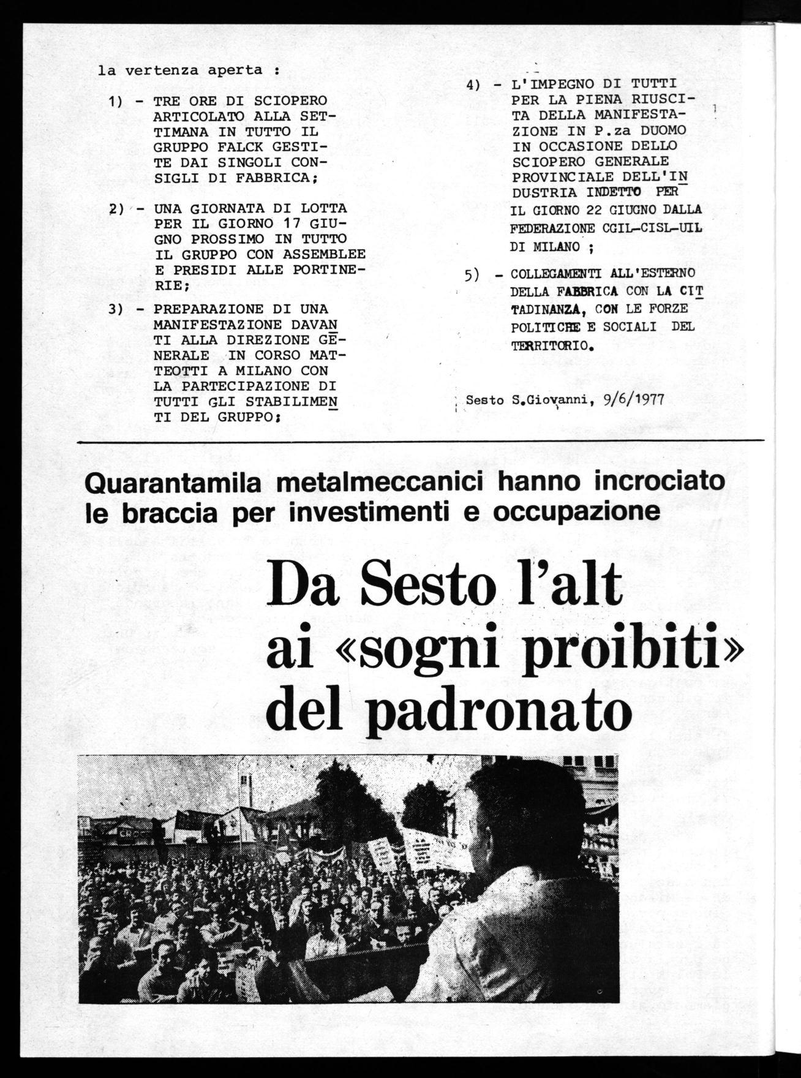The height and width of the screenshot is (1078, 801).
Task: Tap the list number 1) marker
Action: [x=118, y=100]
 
